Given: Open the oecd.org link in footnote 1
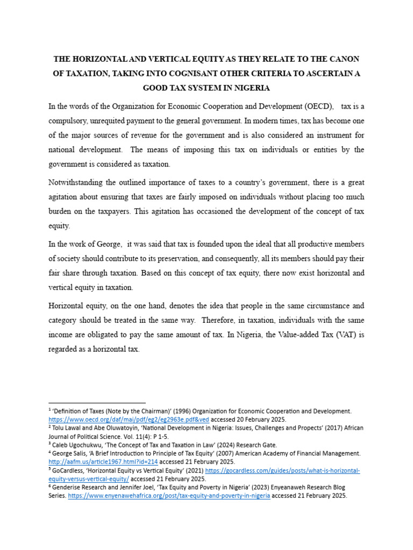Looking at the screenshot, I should [129, 419].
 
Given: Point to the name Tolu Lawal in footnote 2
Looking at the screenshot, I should [69, 428].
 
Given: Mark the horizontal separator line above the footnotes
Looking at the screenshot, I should [97, 402].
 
